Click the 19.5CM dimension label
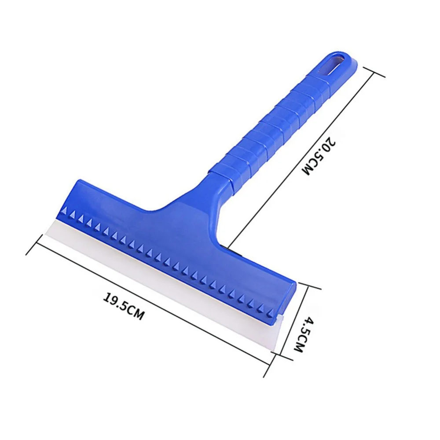(x=124, y=306)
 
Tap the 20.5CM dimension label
(x=319, y=156)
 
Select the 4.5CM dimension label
(x=303, y=334)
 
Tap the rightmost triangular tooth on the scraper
(x=271, y=312)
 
